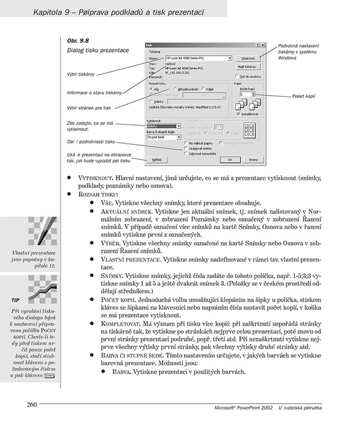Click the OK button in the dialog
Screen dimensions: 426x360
[x=230, y=159]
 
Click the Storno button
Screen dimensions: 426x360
[x=253, y=159]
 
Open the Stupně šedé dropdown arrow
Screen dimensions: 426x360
[x=179, y=137]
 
